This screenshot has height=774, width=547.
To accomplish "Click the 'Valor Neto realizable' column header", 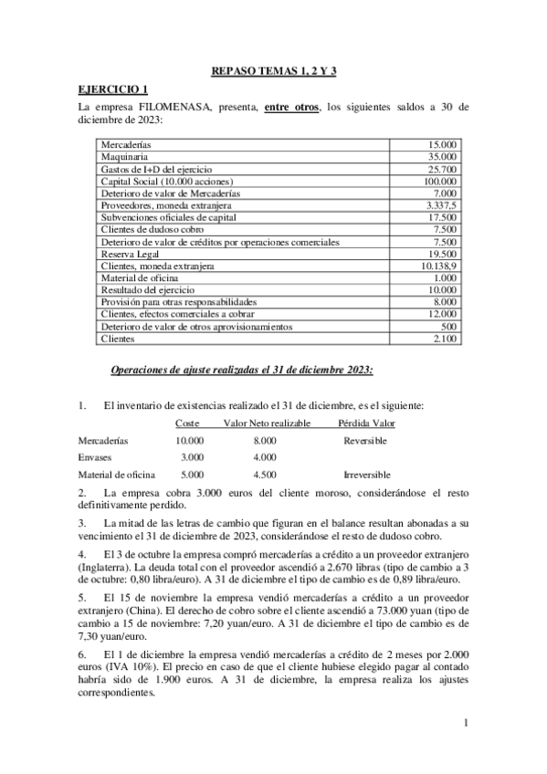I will pos(267,423).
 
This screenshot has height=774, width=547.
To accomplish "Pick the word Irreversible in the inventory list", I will pos(366,475).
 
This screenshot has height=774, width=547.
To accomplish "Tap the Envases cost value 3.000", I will pos(191,457).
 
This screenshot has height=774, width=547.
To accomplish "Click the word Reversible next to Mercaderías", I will pos(365,440).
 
